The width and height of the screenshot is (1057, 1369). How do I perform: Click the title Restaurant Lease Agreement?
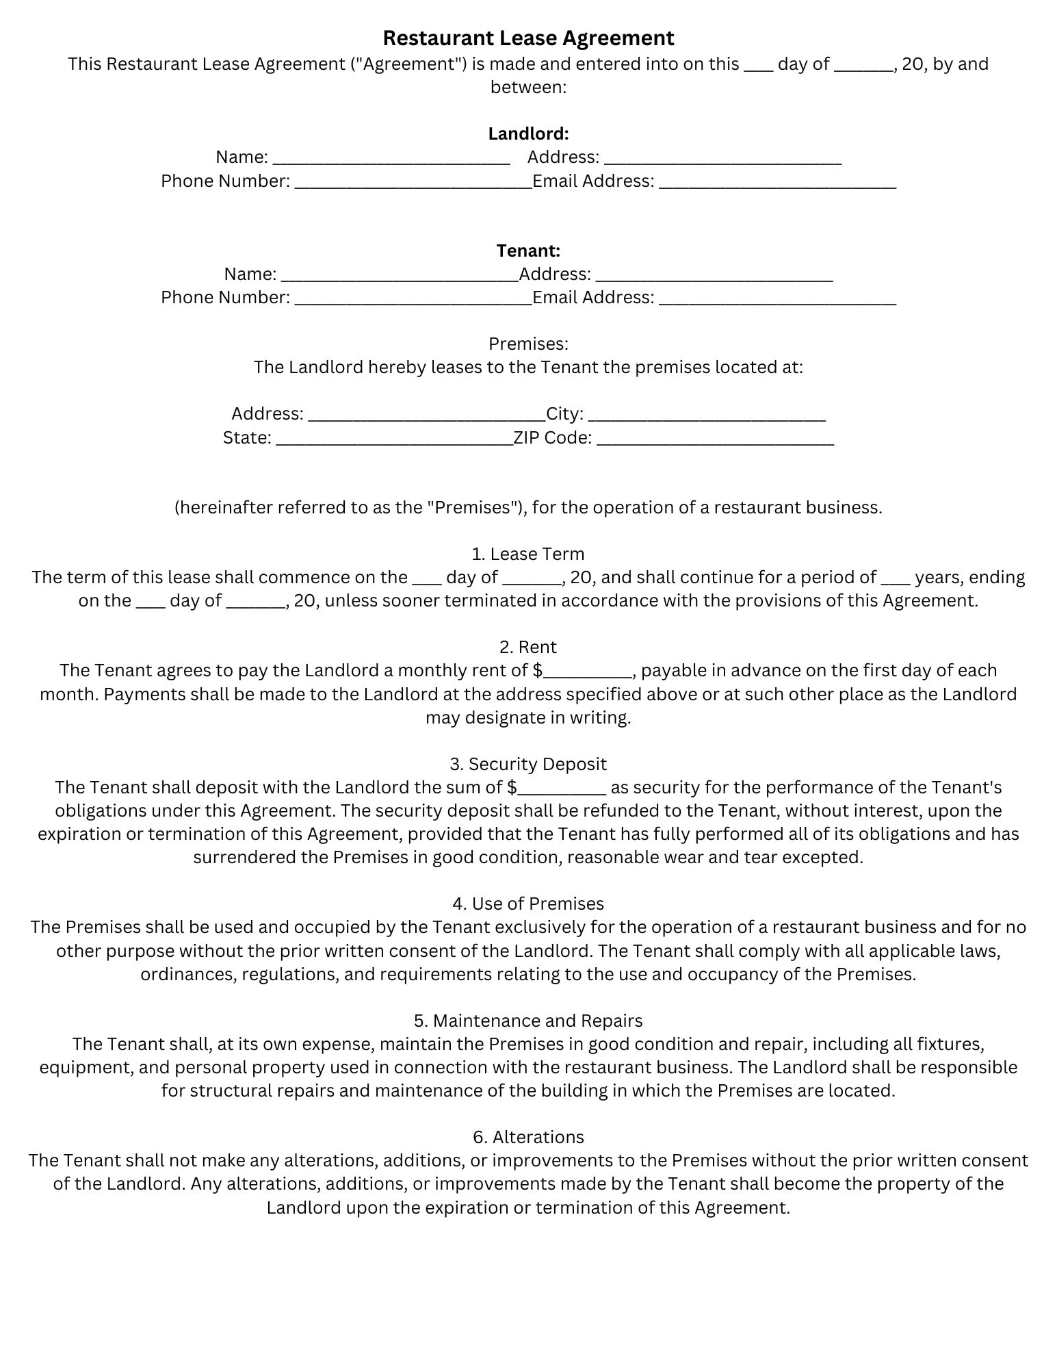(528, 38)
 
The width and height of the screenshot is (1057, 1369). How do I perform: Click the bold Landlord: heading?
(528, 133)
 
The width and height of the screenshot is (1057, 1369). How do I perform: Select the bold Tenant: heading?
(528, 251)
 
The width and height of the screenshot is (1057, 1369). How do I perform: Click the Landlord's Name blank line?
(391, 159)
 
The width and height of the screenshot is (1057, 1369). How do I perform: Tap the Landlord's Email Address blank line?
(777, 183)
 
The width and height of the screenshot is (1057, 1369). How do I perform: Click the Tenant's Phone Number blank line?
(413, 299)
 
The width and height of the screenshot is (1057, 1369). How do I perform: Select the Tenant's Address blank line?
(714, 276)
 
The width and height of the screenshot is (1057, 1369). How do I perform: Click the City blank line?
(707, 415)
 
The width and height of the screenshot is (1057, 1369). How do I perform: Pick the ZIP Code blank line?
(715, 439)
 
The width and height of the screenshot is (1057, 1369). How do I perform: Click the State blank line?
(394, 439)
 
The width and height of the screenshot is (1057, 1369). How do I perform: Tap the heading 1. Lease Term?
(528, 554)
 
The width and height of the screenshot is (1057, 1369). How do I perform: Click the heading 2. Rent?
(528, 647)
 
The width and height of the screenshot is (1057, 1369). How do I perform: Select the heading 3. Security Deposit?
(528, 764)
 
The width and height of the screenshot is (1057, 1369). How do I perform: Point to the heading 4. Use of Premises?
(528, 904)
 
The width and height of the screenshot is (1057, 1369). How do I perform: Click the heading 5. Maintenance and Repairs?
(528, 1021)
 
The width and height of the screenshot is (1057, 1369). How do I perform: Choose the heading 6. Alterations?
(528, 1137)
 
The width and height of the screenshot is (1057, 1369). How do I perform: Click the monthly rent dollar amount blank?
(587, 672)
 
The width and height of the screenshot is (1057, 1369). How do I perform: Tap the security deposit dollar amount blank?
(562, 789)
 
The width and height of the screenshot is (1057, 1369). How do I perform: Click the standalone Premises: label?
(528, 344)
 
